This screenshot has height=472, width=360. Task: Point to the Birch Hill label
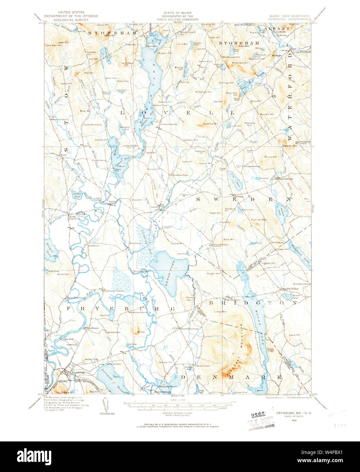63,274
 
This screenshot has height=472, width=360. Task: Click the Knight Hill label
213,273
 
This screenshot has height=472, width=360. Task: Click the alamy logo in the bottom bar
179,456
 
